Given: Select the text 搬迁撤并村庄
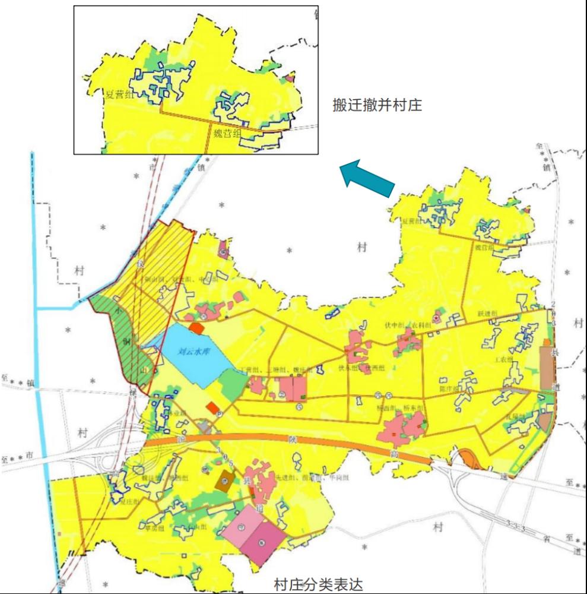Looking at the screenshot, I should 377,106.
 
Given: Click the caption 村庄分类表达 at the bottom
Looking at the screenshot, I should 318,584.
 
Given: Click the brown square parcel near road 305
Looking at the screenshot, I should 225,480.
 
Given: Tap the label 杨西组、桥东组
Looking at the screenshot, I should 404,409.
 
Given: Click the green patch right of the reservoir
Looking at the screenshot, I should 233,384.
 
